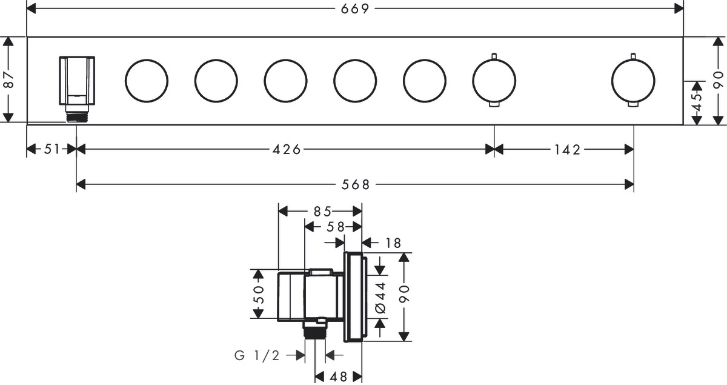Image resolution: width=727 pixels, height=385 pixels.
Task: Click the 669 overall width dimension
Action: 355,8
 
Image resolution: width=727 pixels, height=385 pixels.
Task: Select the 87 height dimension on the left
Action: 8,80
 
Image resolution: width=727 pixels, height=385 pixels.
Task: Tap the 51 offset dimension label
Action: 52,149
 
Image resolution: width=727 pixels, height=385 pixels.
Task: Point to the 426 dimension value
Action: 287,149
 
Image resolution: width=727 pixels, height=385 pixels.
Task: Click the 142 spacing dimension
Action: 566,149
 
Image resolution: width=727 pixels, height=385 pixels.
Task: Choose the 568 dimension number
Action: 356,184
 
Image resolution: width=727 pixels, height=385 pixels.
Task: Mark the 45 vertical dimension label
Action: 697,101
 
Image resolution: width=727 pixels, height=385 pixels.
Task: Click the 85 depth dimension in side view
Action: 322,212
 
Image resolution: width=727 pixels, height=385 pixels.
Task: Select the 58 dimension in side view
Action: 335,227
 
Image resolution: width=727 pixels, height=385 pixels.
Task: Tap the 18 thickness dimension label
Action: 393,243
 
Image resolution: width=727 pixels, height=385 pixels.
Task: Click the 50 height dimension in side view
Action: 259,293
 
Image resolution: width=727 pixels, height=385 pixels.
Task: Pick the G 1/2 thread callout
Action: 257,355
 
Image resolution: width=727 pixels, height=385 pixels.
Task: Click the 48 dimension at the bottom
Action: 339,377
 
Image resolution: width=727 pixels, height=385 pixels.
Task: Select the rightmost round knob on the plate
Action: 633,81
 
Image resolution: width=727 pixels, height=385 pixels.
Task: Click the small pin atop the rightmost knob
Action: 633,56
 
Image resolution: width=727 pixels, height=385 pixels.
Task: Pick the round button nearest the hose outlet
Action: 147,81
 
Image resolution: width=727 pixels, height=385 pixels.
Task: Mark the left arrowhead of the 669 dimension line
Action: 31,8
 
